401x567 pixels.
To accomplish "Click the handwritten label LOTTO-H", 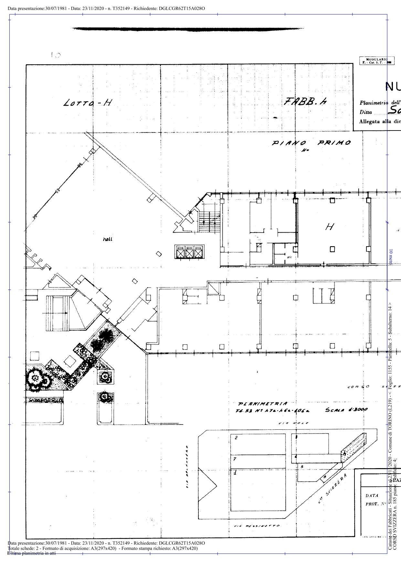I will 88,103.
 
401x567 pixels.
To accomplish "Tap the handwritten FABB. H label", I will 305,102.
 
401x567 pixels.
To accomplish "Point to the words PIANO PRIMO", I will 311,143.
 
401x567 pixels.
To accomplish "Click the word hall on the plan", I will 108,239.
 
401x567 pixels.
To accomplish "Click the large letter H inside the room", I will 329,227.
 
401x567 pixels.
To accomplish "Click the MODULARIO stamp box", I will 372,61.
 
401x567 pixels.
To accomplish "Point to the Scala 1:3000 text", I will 346,410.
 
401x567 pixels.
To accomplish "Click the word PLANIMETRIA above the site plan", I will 263,404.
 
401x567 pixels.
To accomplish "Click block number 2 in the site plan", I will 236,438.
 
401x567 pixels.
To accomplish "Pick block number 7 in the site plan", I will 235,459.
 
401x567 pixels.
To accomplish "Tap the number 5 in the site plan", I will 302,467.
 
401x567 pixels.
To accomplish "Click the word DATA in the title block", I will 372,495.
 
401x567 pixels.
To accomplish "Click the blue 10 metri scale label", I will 391,257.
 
